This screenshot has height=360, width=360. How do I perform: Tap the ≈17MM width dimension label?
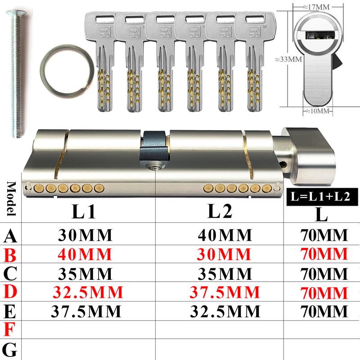316,7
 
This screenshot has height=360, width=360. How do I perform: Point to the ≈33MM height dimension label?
288,59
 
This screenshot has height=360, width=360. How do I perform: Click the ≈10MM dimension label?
318,111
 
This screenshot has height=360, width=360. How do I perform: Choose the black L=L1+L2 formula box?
322,197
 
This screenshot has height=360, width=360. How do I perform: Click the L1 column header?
84,211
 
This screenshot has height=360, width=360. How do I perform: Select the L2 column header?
220,211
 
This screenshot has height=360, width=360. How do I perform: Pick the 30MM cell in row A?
85,235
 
